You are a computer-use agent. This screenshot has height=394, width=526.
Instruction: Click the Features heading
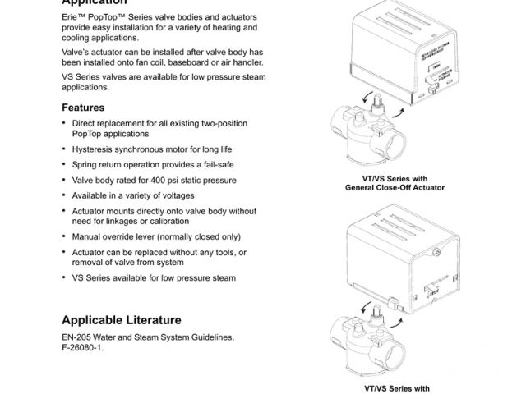click(83, 108)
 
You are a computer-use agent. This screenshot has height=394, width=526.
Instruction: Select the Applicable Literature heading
click(122, 319)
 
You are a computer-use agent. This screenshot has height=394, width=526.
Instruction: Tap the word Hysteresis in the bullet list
click(94, 149)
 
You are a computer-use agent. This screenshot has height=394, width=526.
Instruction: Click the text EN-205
click(78, 337)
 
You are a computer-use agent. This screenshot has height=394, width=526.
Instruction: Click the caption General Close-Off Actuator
click(394, 187)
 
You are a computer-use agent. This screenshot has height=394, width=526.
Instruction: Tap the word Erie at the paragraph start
click(71, 16)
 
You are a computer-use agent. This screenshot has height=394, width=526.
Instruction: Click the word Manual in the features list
click(88, 236)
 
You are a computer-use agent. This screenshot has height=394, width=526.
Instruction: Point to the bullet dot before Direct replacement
click(64, 124)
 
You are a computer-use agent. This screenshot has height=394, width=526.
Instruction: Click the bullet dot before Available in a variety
click(64, 195)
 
